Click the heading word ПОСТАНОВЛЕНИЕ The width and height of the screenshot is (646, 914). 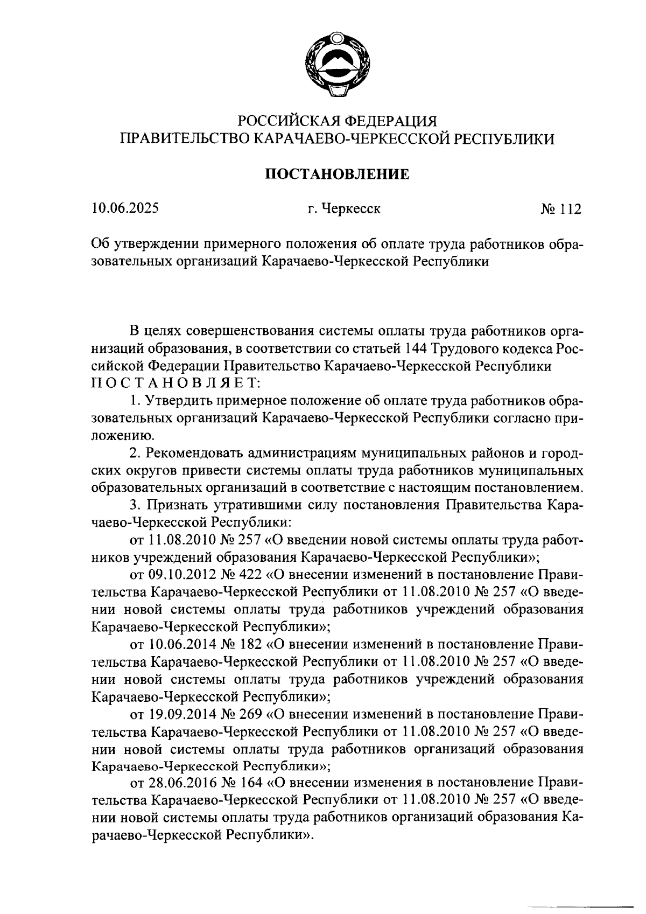pos(338,175)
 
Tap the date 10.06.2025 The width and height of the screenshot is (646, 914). pos(125,208)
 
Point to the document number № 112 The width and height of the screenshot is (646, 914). pos(561,208)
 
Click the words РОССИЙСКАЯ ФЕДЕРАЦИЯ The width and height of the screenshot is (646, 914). pos(338,120)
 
